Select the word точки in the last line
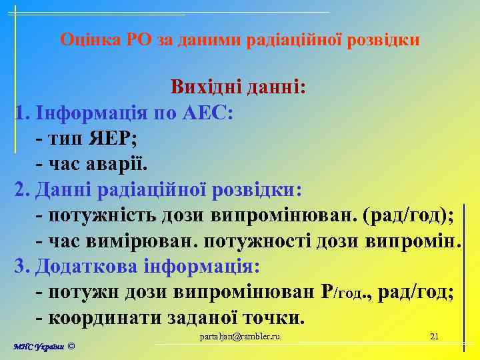pyautogui.click(x=273, y=318)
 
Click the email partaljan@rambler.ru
pyautogui.click(x=241, y=336)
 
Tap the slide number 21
pyautogui.click(x=434, y=336)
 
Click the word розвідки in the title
pyautogui.click(x=387, y=40)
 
